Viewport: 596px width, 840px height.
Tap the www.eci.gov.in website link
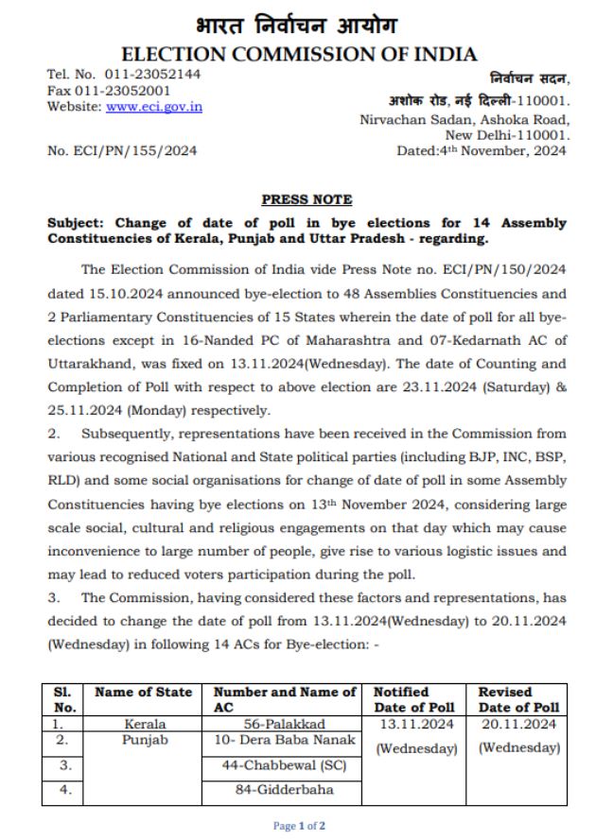154,107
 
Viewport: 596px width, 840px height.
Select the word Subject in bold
75,223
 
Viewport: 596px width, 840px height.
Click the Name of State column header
144,692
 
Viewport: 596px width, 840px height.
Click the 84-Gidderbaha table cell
285,788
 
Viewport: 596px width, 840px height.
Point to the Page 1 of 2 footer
297,824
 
